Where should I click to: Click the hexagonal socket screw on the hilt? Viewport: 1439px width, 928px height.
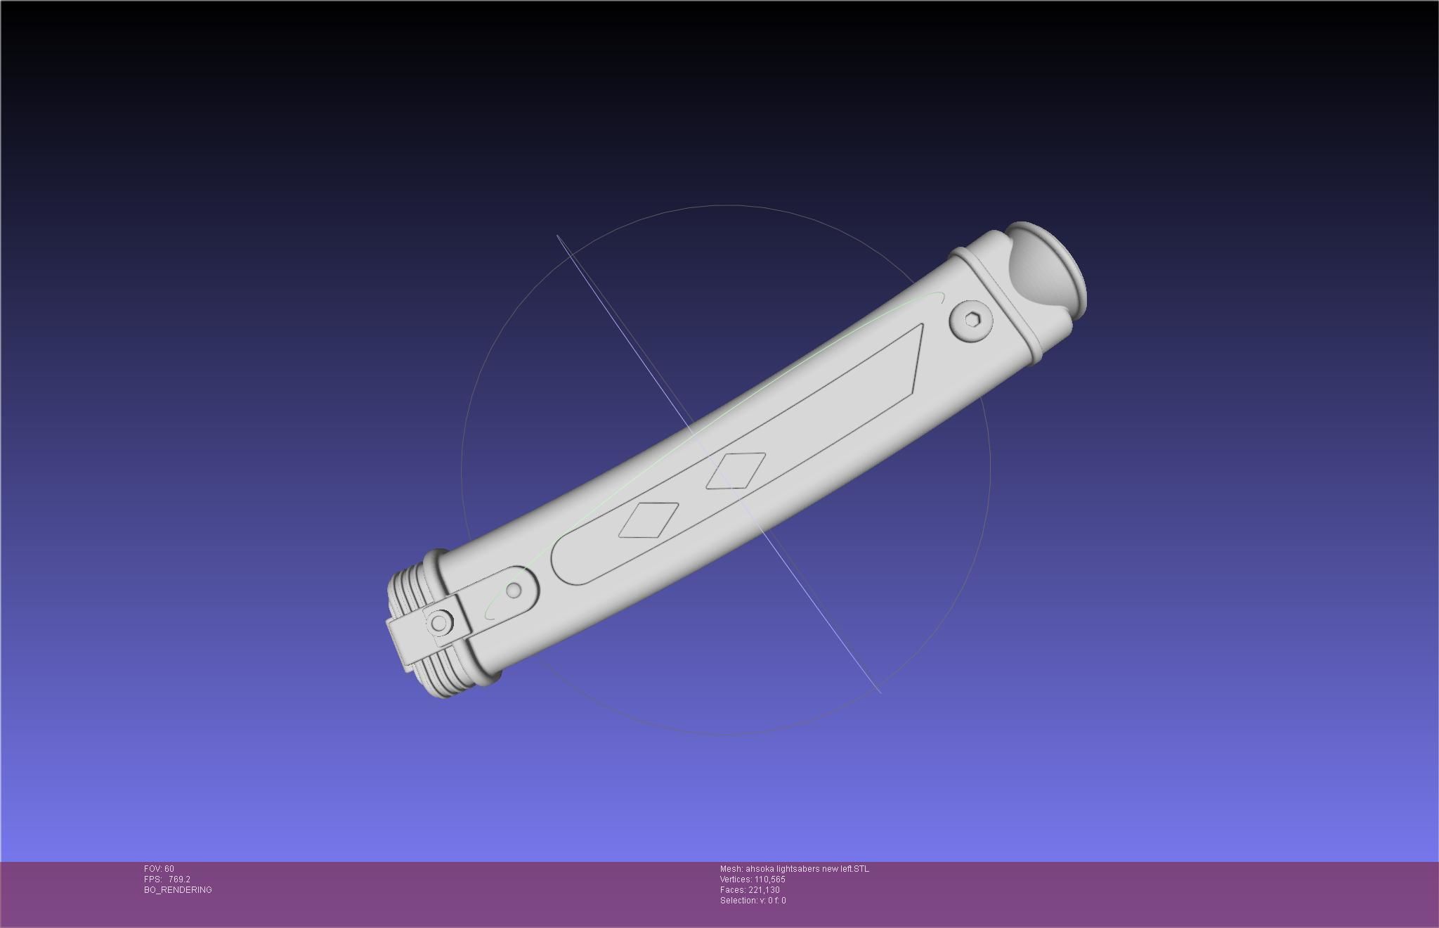972,321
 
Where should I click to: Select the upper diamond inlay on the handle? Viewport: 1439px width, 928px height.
734,470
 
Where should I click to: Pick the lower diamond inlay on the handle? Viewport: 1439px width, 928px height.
649,520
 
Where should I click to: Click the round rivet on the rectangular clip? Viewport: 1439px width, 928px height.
440,623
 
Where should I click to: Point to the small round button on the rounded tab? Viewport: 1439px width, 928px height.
514,589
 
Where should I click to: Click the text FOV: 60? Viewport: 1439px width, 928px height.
159,869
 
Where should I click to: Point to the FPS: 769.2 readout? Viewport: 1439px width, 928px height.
167,879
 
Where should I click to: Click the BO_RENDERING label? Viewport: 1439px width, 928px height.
178,890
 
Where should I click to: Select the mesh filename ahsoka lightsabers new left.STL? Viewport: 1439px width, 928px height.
794,869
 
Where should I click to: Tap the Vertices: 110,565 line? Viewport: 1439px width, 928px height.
753,879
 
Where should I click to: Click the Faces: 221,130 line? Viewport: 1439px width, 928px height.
750,890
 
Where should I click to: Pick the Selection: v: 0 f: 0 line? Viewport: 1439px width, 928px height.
753,901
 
